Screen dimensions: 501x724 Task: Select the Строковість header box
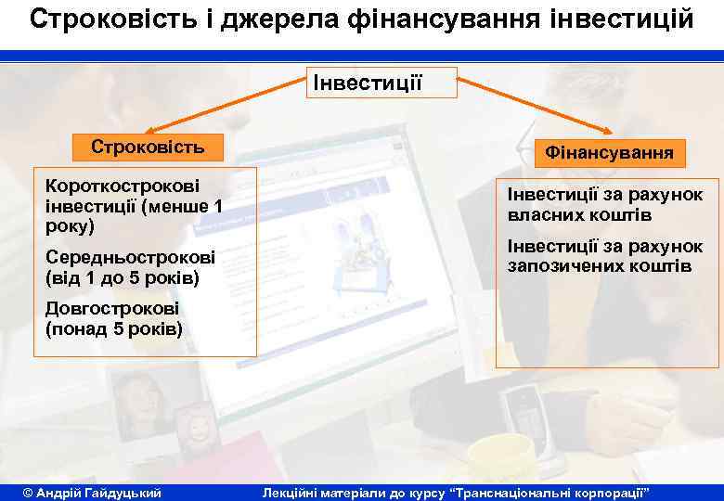point(148,147)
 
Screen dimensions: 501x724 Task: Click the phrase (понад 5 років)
point(113,329)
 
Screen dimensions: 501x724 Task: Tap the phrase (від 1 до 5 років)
point(122,277)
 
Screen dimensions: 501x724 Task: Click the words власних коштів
point(579,215)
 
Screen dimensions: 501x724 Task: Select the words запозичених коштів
point(599,267)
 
